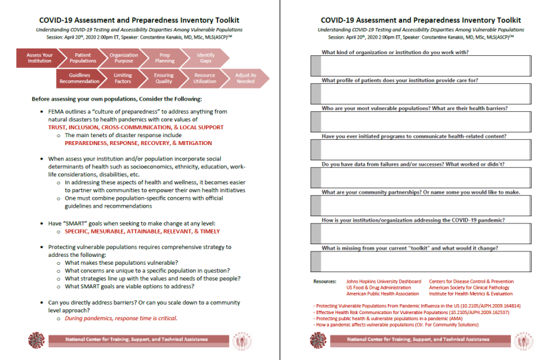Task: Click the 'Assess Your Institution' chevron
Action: [x=39, y=59]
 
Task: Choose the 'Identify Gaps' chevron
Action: [x=206, y=59]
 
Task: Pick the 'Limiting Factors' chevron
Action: [x=123, y=79]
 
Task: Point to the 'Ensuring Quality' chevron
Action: [x=164, y=79]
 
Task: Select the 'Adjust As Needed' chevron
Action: [x=245, y=79]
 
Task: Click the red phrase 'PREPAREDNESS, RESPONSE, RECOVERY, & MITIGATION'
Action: [x=138, y=143]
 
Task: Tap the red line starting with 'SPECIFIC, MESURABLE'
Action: [x=142, y=232]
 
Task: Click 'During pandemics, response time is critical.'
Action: [x=120, y=319]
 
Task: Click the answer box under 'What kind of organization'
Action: [x=419, y=66]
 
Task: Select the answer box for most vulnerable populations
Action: [x=419, y=122]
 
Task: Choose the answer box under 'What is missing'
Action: [x=419, y=262]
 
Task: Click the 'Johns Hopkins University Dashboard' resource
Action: [x=383, y=281]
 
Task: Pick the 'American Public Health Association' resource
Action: [x=382, y=293]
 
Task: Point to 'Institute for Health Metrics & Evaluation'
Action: [x=470, y=293]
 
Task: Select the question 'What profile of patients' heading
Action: [x=400, y=81]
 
